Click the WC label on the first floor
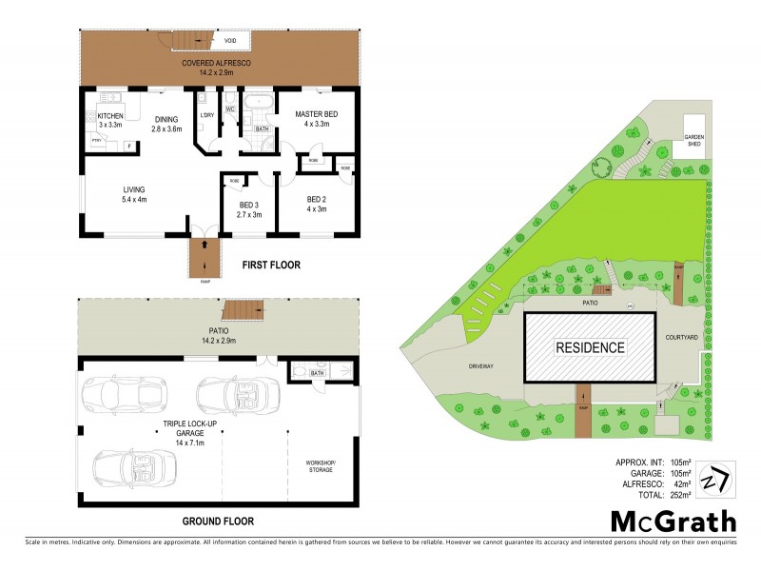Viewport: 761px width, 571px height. click(x=229, y=109)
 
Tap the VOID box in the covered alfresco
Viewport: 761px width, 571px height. click(x=230, y=42)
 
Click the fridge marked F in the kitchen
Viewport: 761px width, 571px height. click(x=129, y=146)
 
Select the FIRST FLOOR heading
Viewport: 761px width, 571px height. click(x=270, y=266)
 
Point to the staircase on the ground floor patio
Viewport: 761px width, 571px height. click(x=243, y=310)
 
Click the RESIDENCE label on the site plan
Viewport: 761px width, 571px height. click(x=590, y=347)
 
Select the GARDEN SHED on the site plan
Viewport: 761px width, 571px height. click(x=694, y=140)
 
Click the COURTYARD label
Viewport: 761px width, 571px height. click(x=682, y=338)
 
